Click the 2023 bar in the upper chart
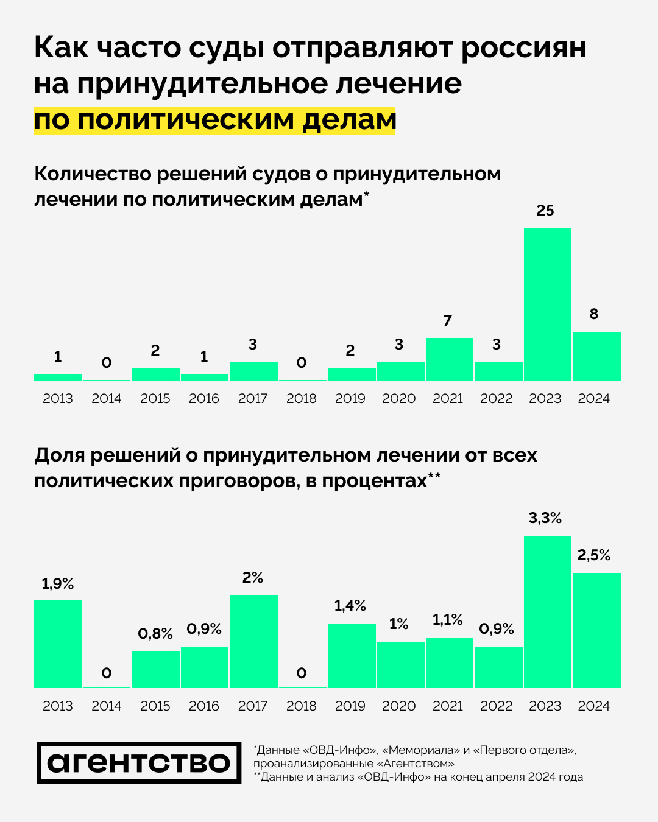pyautogui.click(x=547, y=304)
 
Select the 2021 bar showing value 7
pyautogui.click(x=450, y=359)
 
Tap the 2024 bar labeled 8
pyautogui.click(x=596, y=356)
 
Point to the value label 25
pyautogui.click(x=545, y=211)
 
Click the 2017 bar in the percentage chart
pyautogui.click(x=253, y=642)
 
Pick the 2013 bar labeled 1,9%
pyautogui.click(x=58, y=644)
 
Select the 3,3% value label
pyautogui.click(x=545, y=518)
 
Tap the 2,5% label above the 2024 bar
pyautogui.click(x=594, y=555)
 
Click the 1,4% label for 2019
pyautogui.click(x=350, y=606)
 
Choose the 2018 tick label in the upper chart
pyautogui.click(x=302, y=399)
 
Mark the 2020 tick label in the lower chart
pyautogui.click(x=399, y=706)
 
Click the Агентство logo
pyautogui.click(x=139, y=762)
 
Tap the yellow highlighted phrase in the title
pyautogui.click(x=214, y=120)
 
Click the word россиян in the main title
pyautogui.click(x=523, y=48)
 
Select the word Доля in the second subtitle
pyautogui.click(x=60, y=455)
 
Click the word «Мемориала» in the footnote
pyautogui.click(x=420, y=750)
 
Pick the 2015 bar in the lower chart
pyautogui.click(x=156, y=669)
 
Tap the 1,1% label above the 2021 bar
pyautogui.click(x=448, y=620)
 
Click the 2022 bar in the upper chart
pyautogui.click(x=498, y=371)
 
